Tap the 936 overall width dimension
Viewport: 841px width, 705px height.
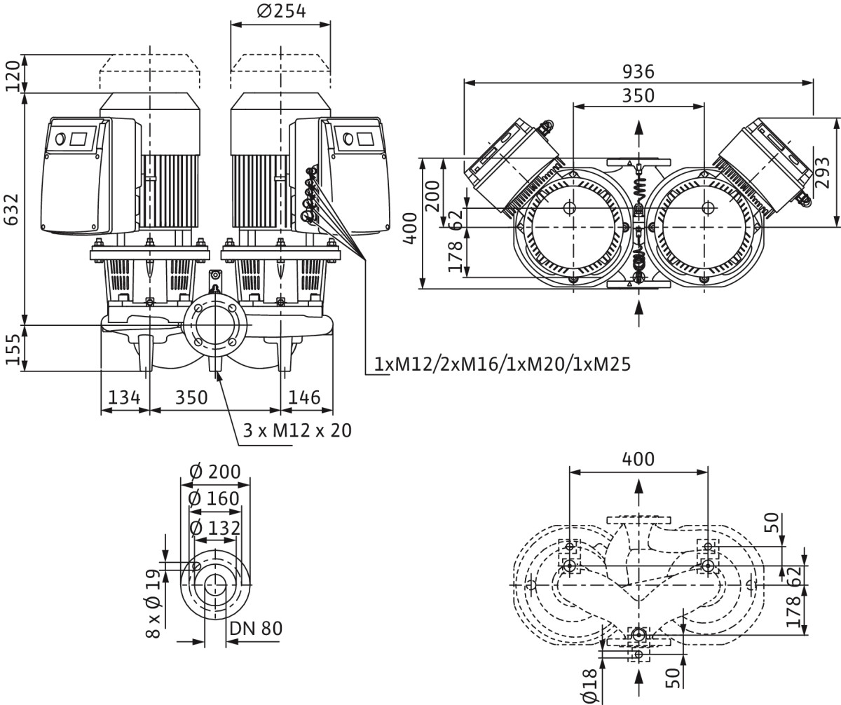pyautogui.click(x=638, y=71)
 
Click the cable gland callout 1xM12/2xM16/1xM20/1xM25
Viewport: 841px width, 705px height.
pyautogui.click(x=502, y=364)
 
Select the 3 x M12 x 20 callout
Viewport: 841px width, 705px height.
pyautogui.click(x=298, y=430)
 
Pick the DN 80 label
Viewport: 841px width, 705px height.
pyautogui.click(x=256, y=628)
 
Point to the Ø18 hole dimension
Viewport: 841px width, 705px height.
pyautogui.click(x=590, y=685)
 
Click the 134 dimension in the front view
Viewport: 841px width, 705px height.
pyautogui.click(x=124, y=397)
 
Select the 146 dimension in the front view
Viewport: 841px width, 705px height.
pyautogui.click(x=304, y=397)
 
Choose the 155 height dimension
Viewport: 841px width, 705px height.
pyautogui.click(x=12, y=348)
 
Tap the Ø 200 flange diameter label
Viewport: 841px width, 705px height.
pyautogui.click(x=215, y=472)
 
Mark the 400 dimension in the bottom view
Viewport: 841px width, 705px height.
pyautogui.click(x=638, y=459)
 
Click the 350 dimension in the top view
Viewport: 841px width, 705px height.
pyautogui.click(x=638, y=95)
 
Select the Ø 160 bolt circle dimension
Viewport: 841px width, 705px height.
pyautogui.click(x=215, y=499)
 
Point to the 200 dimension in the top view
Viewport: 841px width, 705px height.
pyautogui.click(x=433, y=196)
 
